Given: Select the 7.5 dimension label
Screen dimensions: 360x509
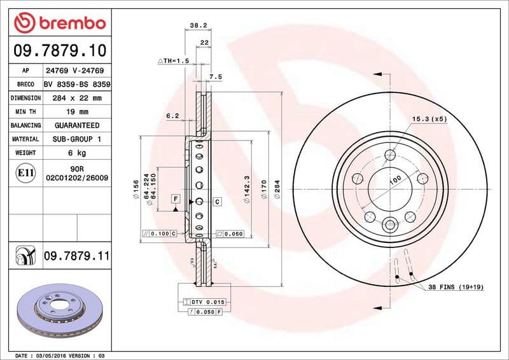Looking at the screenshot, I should click(x=215, y=77).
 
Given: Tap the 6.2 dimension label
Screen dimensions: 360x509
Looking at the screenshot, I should click(x=172, y=116).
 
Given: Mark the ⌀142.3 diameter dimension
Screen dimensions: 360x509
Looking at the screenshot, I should click(x=246, y=188).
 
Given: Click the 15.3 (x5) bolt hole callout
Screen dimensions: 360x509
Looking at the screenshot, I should click(x=429, y=119).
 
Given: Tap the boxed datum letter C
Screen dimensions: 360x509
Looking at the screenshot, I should click(x=217, y=202).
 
